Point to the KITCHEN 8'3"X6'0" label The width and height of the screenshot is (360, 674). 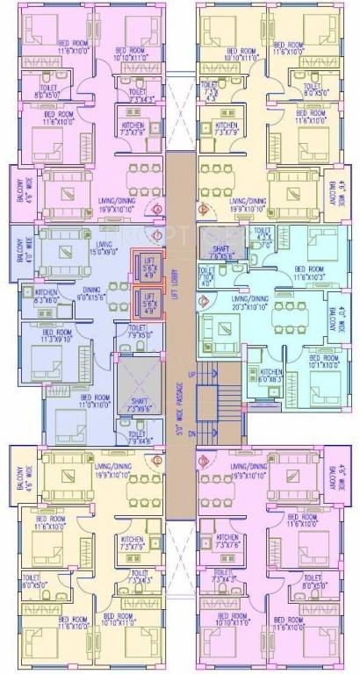coord(47,297)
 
